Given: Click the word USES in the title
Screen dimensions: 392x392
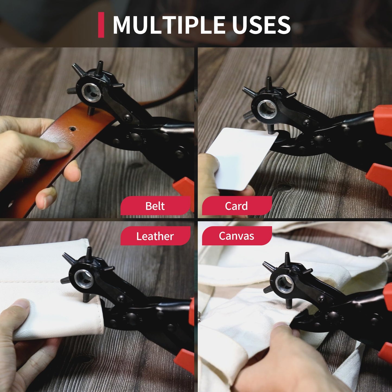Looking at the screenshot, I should (261, 25).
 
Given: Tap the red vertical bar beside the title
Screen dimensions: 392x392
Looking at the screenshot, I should (101, 25).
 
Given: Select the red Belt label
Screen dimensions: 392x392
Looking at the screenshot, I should (155, 206).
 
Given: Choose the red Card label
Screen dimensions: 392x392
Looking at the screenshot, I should (237, 206).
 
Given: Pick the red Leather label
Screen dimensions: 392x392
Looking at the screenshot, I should (155, 236).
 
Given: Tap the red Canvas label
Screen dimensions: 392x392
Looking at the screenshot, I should (237, 236).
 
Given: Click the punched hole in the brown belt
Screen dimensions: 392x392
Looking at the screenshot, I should (72, 128).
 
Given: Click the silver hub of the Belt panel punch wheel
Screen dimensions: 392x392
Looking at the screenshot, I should (91, 91).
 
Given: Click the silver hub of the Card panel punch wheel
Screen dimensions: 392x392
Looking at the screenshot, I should (267, 109).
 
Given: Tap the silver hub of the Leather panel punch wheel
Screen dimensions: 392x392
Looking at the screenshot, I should (84, 279).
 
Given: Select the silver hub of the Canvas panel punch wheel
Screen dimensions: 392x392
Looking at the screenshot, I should (284, 283).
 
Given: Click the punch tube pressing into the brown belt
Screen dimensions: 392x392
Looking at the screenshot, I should (90, 111).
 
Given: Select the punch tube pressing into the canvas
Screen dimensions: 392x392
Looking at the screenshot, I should (288, 304).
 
